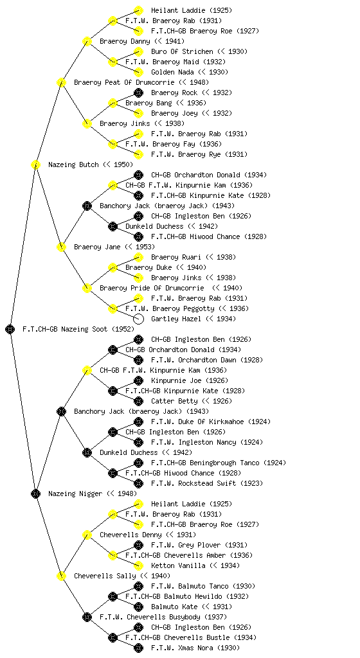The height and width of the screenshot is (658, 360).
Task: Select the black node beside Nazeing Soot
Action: click(10, 329)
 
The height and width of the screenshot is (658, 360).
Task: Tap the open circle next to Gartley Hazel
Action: click(138, 319)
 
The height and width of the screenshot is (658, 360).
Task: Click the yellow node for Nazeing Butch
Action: click(35, 164)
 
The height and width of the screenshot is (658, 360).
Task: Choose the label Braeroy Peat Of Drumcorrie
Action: click(124, 82)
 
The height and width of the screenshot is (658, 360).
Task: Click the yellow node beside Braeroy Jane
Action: click(61, 247)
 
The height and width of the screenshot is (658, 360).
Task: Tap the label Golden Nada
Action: click(172, 72)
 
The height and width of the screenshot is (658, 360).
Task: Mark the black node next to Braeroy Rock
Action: click(138, 93)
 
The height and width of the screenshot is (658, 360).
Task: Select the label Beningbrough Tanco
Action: click(219, 463)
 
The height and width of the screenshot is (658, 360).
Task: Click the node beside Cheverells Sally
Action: click(61, 576)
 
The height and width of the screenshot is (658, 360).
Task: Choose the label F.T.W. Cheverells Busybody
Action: click(150, 617)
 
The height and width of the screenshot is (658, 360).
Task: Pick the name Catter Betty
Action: click(174, 401)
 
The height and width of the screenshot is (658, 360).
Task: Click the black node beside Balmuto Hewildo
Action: click(113, 596)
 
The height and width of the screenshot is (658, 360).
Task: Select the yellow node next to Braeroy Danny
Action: click(87, 41)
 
